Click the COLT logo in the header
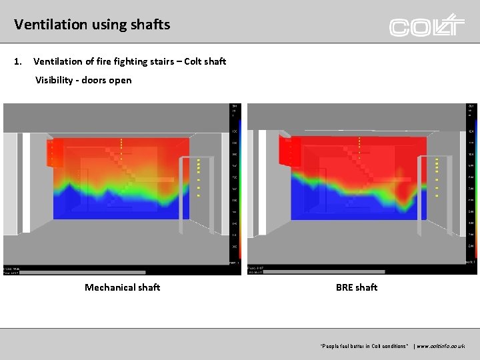point(427,25)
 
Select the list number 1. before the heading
point(18,61)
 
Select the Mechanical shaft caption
point(122,287)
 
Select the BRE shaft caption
point(357,287)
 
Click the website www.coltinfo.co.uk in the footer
point(440,346)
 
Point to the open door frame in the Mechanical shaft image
point(205,193)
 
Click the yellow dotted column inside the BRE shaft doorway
point(437,177)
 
